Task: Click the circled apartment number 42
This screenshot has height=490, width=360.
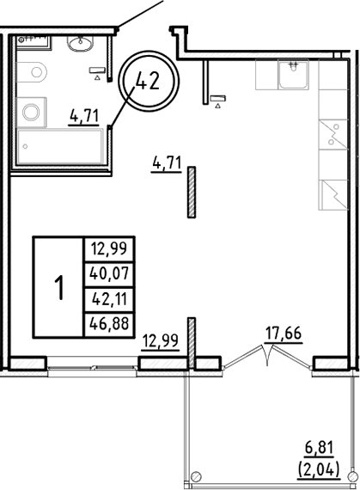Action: pos(149,82)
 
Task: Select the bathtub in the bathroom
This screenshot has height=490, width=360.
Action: pos(58,150)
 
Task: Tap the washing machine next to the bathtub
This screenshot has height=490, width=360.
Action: pos(32,110)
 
